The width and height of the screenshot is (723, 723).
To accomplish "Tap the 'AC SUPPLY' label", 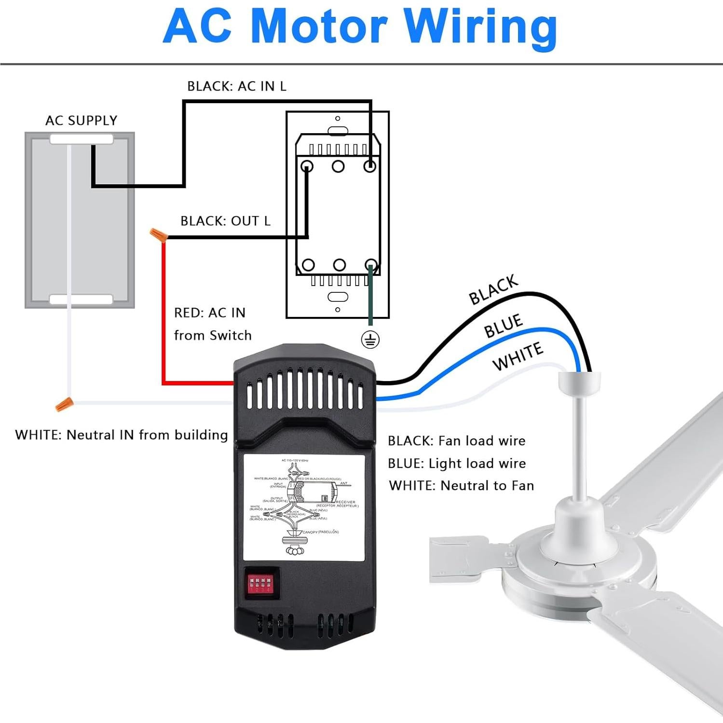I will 81,120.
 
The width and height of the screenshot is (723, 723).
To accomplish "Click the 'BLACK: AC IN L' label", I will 236,86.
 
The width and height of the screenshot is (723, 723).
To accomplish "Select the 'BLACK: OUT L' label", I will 225,220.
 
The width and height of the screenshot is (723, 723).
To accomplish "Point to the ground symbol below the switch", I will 370,340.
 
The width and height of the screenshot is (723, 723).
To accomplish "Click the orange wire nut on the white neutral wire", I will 64,404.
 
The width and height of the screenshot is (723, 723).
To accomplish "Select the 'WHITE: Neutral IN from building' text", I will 122,435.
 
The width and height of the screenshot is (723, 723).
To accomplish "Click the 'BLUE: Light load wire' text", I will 456,463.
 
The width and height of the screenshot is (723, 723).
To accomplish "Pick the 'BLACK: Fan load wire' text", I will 456,440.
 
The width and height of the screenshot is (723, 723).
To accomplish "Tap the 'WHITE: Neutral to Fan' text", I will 461,485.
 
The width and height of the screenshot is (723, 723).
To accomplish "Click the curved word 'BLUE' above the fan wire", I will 503,326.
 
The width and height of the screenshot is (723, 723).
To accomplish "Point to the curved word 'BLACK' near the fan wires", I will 493,290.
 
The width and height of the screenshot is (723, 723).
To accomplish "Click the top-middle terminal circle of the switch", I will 338,166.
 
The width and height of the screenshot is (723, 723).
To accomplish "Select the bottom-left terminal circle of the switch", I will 308,265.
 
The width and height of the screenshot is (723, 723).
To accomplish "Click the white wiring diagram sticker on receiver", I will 304,507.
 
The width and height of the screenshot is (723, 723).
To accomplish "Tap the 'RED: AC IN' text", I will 209,313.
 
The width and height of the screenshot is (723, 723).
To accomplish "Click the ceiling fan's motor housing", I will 579,555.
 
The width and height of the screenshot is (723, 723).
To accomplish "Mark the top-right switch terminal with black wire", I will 369,166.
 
